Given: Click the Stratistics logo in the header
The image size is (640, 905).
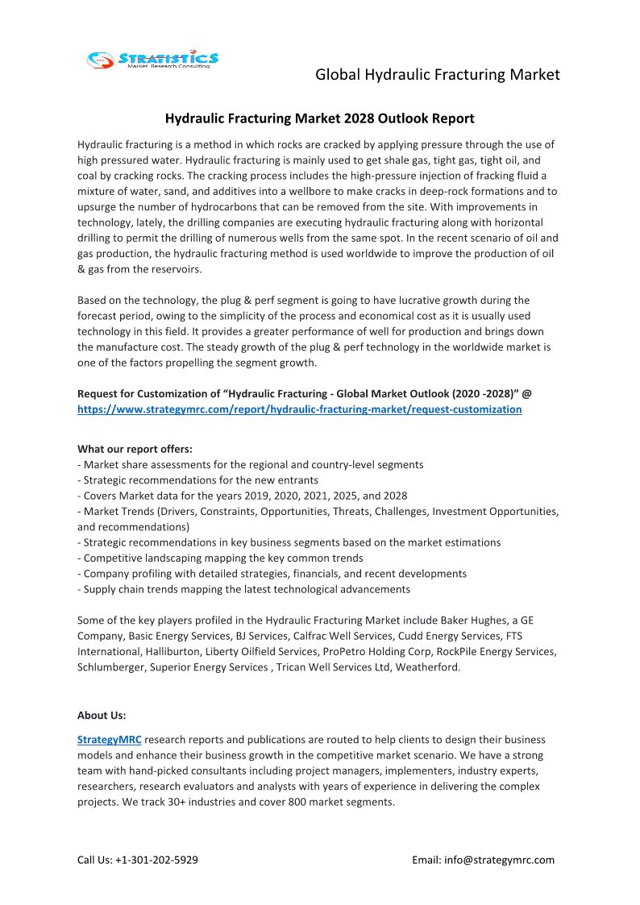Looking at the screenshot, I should tap(152, 59).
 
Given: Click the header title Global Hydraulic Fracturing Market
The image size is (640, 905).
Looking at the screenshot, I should tap(437, 75).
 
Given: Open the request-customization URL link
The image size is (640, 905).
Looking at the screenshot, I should tap(299, 409).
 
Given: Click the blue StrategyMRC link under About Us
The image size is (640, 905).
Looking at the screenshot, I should tap(109, 739).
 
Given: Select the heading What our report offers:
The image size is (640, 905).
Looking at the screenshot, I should tap(135, 449).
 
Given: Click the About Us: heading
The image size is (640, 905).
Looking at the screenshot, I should tap(102, 715).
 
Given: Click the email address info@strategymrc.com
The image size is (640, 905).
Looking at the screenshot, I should tap(499, 860).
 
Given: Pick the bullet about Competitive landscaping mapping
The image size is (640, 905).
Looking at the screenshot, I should tap(220, 558).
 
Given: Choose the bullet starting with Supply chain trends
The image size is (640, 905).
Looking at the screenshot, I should tap(243, 589).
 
